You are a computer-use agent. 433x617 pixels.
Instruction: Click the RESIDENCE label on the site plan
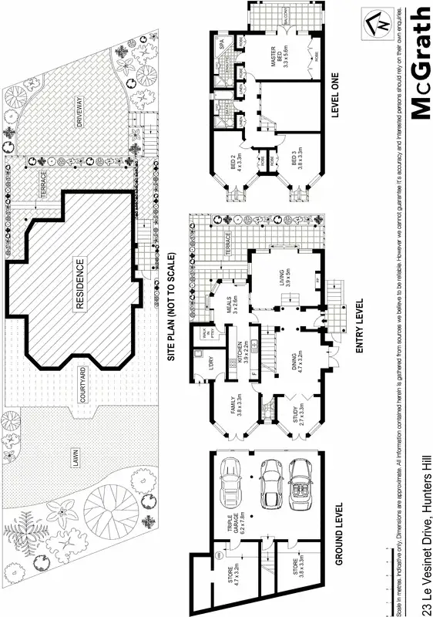79,285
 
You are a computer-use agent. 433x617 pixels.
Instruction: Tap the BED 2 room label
237,161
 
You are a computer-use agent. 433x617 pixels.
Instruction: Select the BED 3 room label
297,161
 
